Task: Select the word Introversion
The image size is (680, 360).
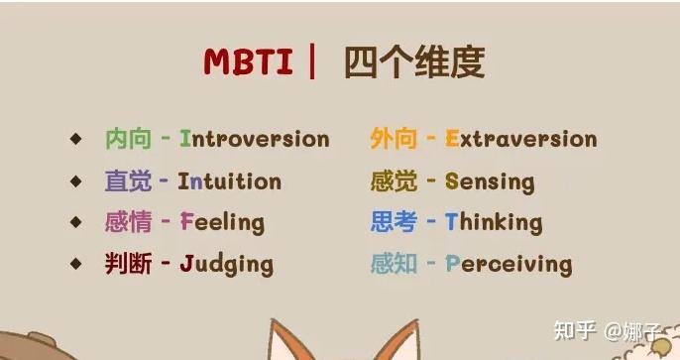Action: point(254,139)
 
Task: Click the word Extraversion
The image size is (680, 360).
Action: point(521,139)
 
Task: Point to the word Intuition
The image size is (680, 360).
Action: point(229,181)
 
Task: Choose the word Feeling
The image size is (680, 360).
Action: point(222,222)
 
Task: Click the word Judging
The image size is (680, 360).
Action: point(226,264)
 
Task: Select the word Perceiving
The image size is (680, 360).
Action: point(509,264)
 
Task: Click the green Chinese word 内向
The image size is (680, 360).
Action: point(128,139)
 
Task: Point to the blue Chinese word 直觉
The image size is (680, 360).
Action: point(128,181)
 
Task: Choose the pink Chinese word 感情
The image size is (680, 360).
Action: point(128,222)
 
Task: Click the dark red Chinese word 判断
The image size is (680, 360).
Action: point(128,264)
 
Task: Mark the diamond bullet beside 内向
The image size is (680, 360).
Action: point(76,139)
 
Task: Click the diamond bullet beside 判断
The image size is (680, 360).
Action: point(76,264)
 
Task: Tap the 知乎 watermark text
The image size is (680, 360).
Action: point(576,328)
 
